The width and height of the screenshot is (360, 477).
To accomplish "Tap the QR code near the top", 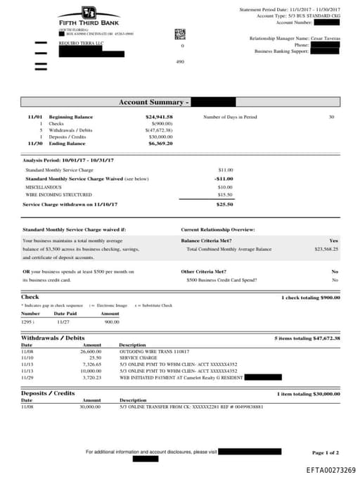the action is [x=179, y=33].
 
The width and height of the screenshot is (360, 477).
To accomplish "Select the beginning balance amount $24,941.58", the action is [x=159, y=117].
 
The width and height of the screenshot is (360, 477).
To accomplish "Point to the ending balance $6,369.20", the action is [x=160, y=143].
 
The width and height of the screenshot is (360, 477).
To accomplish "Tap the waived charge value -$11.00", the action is [x=224, y=179].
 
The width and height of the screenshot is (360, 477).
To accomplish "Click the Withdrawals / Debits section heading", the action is [x=53, y=338].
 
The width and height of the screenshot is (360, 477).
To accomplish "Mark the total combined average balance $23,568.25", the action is [x=326, y=249].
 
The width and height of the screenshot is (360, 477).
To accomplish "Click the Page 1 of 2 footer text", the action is [x=326, y=452].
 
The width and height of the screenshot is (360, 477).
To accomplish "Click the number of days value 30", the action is [x=331, y=117].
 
